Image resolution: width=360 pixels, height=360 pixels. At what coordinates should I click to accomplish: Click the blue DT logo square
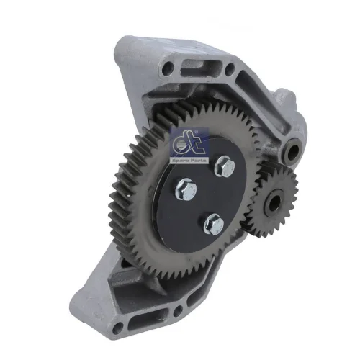click(x=189, y=145)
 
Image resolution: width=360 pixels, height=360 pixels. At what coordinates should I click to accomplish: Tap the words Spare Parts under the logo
click(x=189, y=161)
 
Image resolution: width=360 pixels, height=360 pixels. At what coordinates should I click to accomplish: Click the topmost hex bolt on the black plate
click(x=225, y=166)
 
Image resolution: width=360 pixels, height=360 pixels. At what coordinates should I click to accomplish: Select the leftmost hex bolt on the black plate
click(x=186, y=189)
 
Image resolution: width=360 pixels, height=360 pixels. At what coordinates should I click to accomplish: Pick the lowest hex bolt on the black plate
click(x=214, y=224)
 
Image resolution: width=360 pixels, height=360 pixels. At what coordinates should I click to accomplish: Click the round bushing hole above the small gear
click(x=294, y=150)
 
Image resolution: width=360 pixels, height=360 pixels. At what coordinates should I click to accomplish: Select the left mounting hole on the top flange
click(x=168, y=68)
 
